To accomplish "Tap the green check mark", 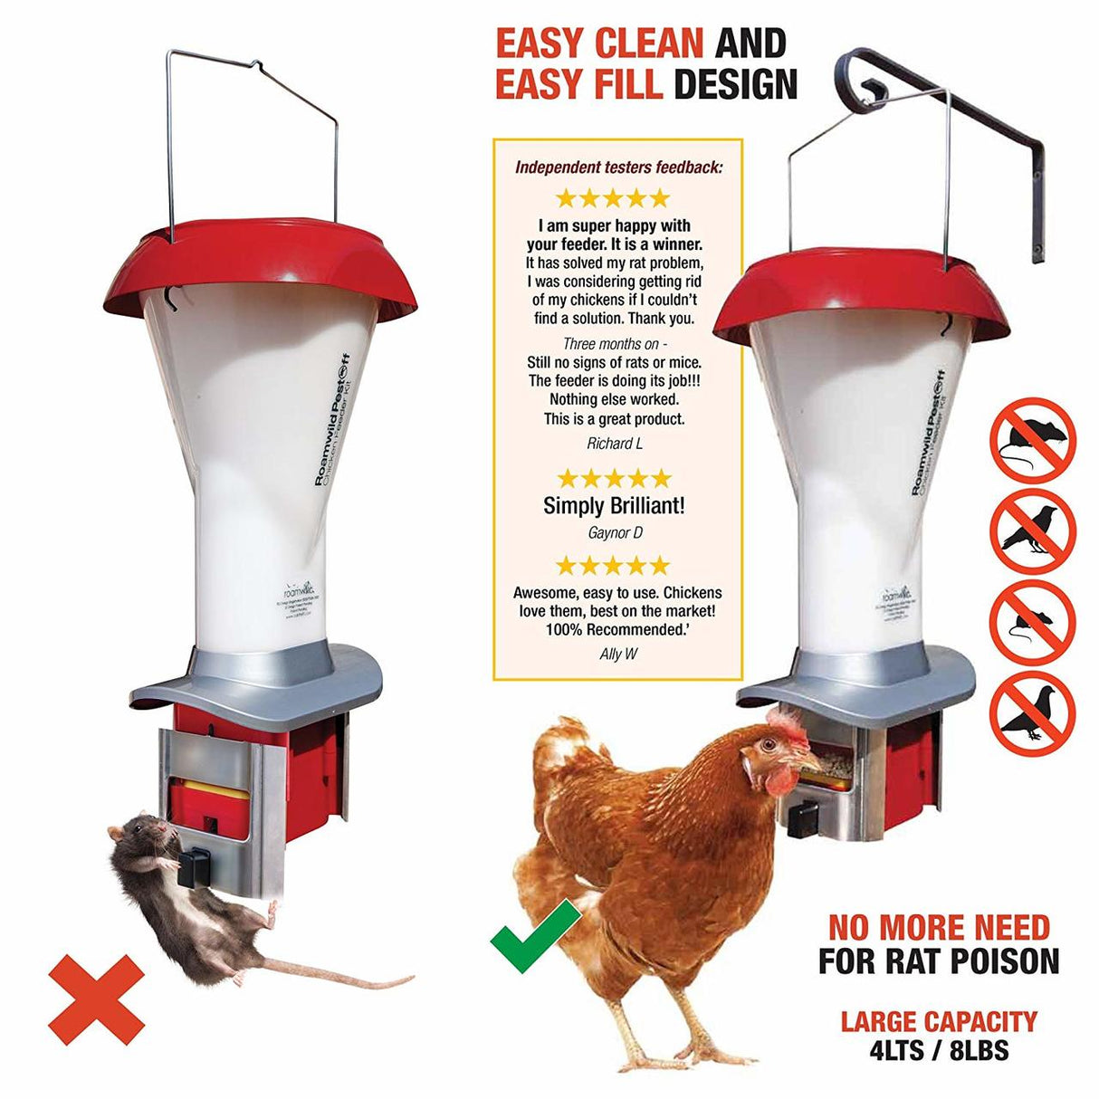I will [534, 937].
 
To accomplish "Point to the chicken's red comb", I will [786, 724].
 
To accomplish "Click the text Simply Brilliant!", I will [614, 506].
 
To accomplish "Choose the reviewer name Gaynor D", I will [615, 533].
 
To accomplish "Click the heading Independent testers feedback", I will [618, 167].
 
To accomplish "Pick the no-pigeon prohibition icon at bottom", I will [1031, 713].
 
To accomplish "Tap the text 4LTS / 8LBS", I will [938, 1050].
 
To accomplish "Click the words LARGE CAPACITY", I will [939, 1022].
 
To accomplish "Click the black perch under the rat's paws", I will [193, 866].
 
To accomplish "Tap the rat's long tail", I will [344, 978].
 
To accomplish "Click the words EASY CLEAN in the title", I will [599, 43].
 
